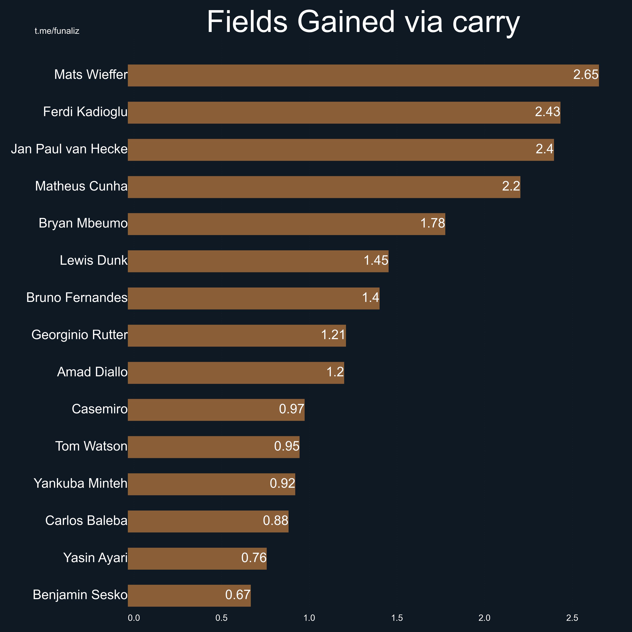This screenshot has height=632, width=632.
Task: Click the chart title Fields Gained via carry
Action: pyautogui.click(x=363, y=22)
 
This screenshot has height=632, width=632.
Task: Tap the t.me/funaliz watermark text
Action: pyautogui.click(x=57, y=31)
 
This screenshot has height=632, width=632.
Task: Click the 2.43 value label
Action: pyautogui.click(x=547, y=112)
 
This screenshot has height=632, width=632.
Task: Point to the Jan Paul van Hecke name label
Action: pyautogui.click(x=69, y=149)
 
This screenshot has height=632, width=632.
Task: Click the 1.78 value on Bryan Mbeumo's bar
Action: pyautogui.click(x=432, y=223)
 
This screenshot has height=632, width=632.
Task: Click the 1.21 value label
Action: pyautogui.click(x=333, y=335)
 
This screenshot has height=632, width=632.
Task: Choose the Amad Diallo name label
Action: pyautogui.click(x=92, y=372)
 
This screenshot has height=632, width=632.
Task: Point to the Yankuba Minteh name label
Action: pyautogui.click(x=81, y=484)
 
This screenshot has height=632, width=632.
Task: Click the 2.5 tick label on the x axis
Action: pyautogui.click(x=572, y=618)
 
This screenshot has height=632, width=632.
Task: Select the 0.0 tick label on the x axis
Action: pyautogui.click(x=134, y=618)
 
